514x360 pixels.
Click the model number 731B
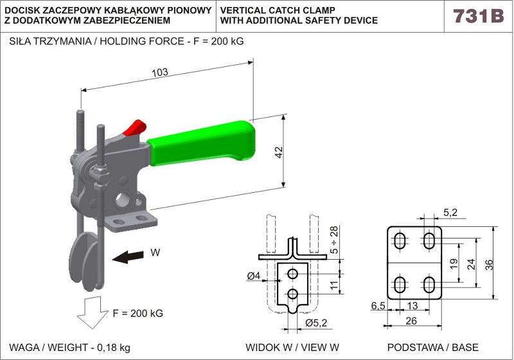478,16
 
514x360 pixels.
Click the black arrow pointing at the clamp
127,257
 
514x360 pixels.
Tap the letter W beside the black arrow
155,253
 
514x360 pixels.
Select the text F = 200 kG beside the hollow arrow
137,314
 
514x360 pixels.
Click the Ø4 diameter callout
253,276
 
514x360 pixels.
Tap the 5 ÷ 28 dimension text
333,240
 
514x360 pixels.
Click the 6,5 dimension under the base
378,306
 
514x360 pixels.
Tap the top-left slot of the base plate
399,242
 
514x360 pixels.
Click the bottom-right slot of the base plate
429,284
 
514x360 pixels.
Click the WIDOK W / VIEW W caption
292,347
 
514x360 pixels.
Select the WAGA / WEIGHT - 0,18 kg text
69,347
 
